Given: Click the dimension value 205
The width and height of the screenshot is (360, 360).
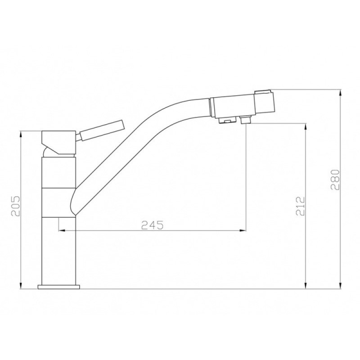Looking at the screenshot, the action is click(16, 206).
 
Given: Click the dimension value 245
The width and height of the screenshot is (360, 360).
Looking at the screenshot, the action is click(153, 225).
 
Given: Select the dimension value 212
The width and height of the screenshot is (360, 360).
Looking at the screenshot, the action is click(301, 206).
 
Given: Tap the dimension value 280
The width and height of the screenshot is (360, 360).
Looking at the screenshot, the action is click(335, 180).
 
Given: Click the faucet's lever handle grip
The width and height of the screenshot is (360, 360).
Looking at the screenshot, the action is click(101, 130).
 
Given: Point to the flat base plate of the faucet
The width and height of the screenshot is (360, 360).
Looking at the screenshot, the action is click(59, 287).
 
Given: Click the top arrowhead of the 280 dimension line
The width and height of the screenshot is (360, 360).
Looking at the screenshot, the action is click(341, 93).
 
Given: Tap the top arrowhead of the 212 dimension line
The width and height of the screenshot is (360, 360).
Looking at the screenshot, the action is click(306, 127).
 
